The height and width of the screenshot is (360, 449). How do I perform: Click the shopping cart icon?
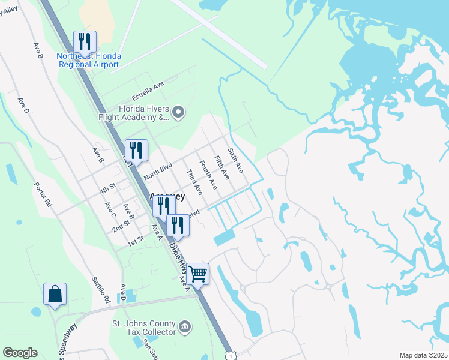[x=197, y=274]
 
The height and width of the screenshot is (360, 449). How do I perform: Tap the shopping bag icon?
[x=55, y=294]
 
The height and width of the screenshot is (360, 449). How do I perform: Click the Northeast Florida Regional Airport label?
[x=89, y=60]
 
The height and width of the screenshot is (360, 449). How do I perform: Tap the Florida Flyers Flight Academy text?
[x=134, y=113]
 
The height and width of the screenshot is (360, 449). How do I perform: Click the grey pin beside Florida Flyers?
[x=178, y=112]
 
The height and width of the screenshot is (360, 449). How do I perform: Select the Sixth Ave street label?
[x=235, y=160]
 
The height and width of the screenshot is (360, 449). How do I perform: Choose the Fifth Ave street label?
[x=221, y=167]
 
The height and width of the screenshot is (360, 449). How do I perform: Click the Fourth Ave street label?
[x=208, y=175]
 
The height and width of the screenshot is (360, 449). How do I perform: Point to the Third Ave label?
[x=194, y=182]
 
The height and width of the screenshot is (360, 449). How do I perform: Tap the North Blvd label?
[x=158, y=171]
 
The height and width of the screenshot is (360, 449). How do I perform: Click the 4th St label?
[x=107, y=189]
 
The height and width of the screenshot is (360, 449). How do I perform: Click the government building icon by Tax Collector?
[x=185, y=326]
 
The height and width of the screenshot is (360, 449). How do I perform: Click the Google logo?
[x=20, y=353]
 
